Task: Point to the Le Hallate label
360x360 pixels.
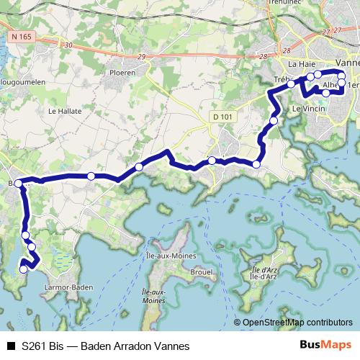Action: [63, 111]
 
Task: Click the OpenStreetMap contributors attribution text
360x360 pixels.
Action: [297, 323]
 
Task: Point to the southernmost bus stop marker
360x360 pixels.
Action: [24, 269]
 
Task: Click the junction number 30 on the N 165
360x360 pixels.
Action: [68, 45]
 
